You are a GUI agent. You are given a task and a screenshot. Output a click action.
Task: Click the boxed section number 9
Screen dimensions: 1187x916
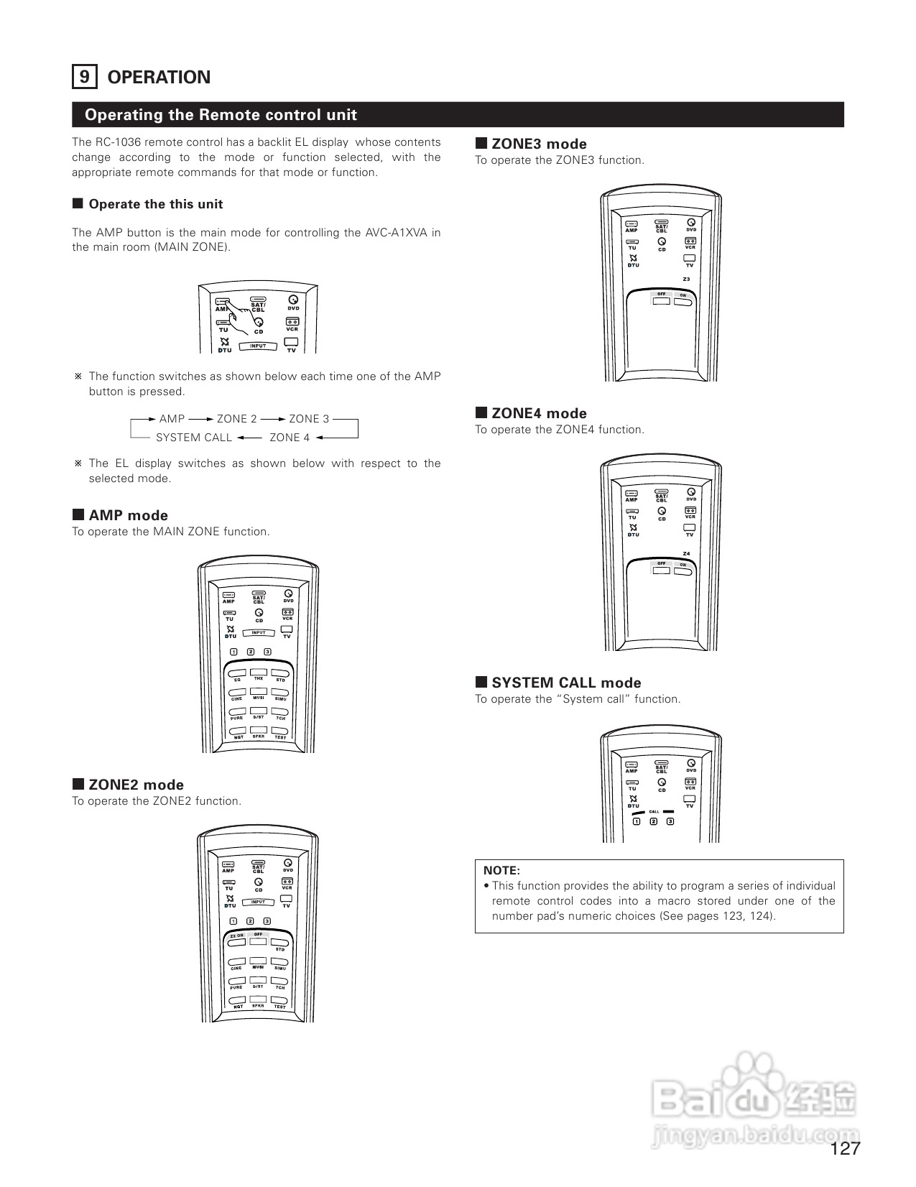coord(84,77)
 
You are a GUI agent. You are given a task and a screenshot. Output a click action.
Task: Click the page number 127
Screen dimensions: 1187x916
coord(845,1148)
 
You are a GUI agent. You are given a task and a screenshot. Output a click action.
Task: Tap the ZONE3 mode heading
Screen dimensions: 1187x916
coord(539,144)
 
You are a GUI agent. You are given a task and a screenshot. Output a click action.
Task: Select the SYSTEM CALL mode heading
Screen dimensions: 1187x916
coord(566,683)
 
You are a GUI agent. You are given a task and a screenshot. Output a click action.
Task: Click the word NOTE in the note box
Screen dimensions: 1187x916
coord(501,870)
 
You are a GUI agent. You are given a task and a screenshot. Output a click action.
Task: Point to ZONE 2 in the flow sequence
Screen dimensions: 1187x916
coord(236,419)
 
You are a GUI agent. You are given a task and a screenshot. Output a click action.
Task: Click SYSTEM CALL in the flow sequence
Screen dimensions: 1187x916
coord(194,438)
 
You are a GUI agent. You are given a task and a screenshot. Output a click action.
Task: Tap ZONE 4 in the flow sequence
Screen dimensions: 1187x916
coord(290,438)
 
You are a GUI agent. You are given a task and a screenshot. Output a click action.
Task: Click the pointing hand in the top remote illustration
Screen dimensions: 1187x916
coord(248,315)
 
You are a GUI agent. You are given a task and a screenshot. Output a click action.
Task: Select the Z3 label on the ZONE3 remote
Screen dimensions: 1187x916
coord(686,279)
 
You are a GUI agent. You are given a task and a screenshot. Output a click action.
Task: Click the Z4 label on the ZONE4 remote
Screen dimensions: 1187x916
coord(686,553)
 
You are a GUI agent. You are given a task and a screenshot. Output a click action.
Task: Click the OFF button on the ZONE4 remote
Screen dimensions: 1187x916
coord(662,570)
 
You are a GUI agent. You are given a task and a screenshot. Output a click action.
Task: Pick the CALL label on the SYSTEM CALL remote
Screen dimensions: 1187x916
coord(654,812)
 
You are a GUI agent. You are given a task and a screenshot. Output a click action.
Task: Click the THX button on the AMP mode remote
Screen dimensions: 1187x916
coord(259,675)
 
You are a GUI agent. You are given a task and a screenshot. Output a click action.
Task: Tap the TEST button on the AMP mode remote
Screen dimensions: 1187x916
coord(280,734)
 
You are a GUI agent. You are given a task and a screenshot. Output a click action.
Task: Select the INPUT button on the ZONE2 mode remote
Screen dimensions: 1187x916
coord(258,902)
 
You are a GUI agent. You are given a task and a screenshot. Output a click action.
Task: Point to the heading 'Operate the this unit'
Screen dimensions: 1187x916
coord(155,204)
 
